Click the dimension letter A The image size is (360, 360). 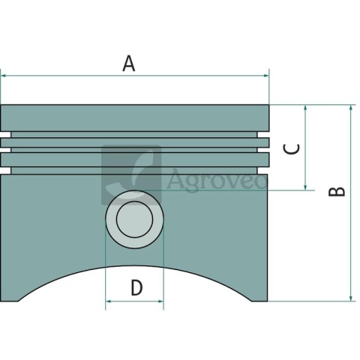[129, 64]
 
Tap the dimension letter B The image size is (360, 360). [337, 191]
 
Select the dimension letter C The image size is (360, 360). [291, 149]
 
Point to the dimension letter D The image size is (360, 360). [136, 287]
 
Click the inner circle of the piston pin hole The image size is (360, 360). [134, 219]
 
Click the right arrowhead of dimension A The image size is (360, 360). [266, 76]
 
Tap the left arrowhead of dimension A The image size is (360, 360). [3, 76]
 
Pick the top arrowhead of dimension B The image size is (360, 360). [351, 108]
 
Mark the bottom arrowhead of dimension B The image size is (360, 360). [351, 298]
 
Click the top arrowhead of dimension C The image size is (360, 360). [305, 108]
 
